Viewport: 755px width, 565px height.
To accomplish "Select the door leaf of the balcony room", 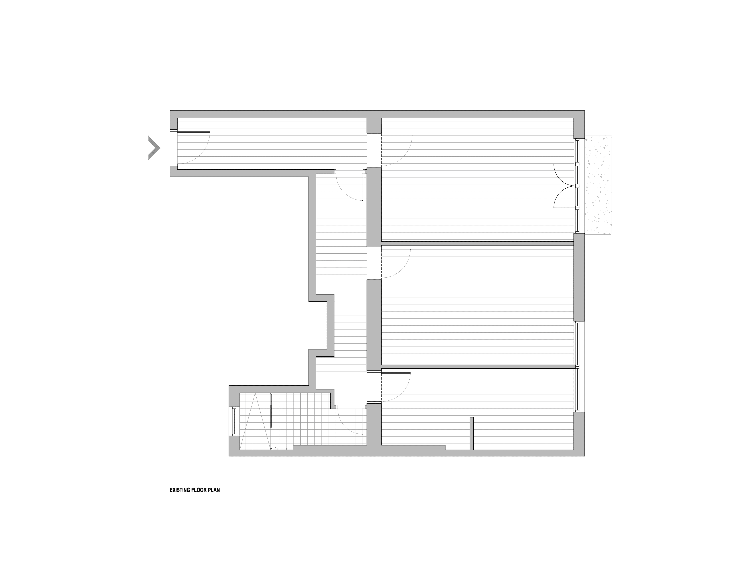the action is [397, 135].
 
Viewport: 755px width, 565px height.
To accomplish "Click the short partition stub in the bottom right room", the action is [472, 433].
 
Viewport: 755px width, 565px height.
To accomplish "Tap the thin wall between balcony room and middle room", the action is [477, 243].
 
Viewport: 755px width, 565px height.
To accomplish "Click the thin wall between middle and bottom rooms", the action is [477, 367].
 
